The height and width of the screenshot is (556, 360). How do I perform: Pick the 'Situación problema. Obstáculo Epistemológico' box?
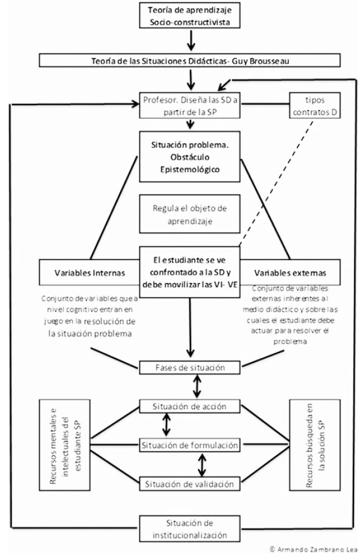[190, 153]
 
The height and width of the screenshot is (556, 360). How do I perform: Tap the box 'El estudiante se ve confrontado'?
[190, 268]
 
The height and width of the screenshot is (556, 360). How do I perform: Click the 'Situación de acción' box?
[190, 407]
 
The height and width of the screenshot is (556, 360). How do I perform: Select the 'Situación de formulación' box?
[190, 444]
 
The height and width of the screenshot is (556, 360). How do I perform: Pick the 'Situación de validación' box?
[190, 483]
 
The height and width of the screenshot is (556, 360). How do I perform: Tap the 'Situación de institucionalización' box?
[190, 528]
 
